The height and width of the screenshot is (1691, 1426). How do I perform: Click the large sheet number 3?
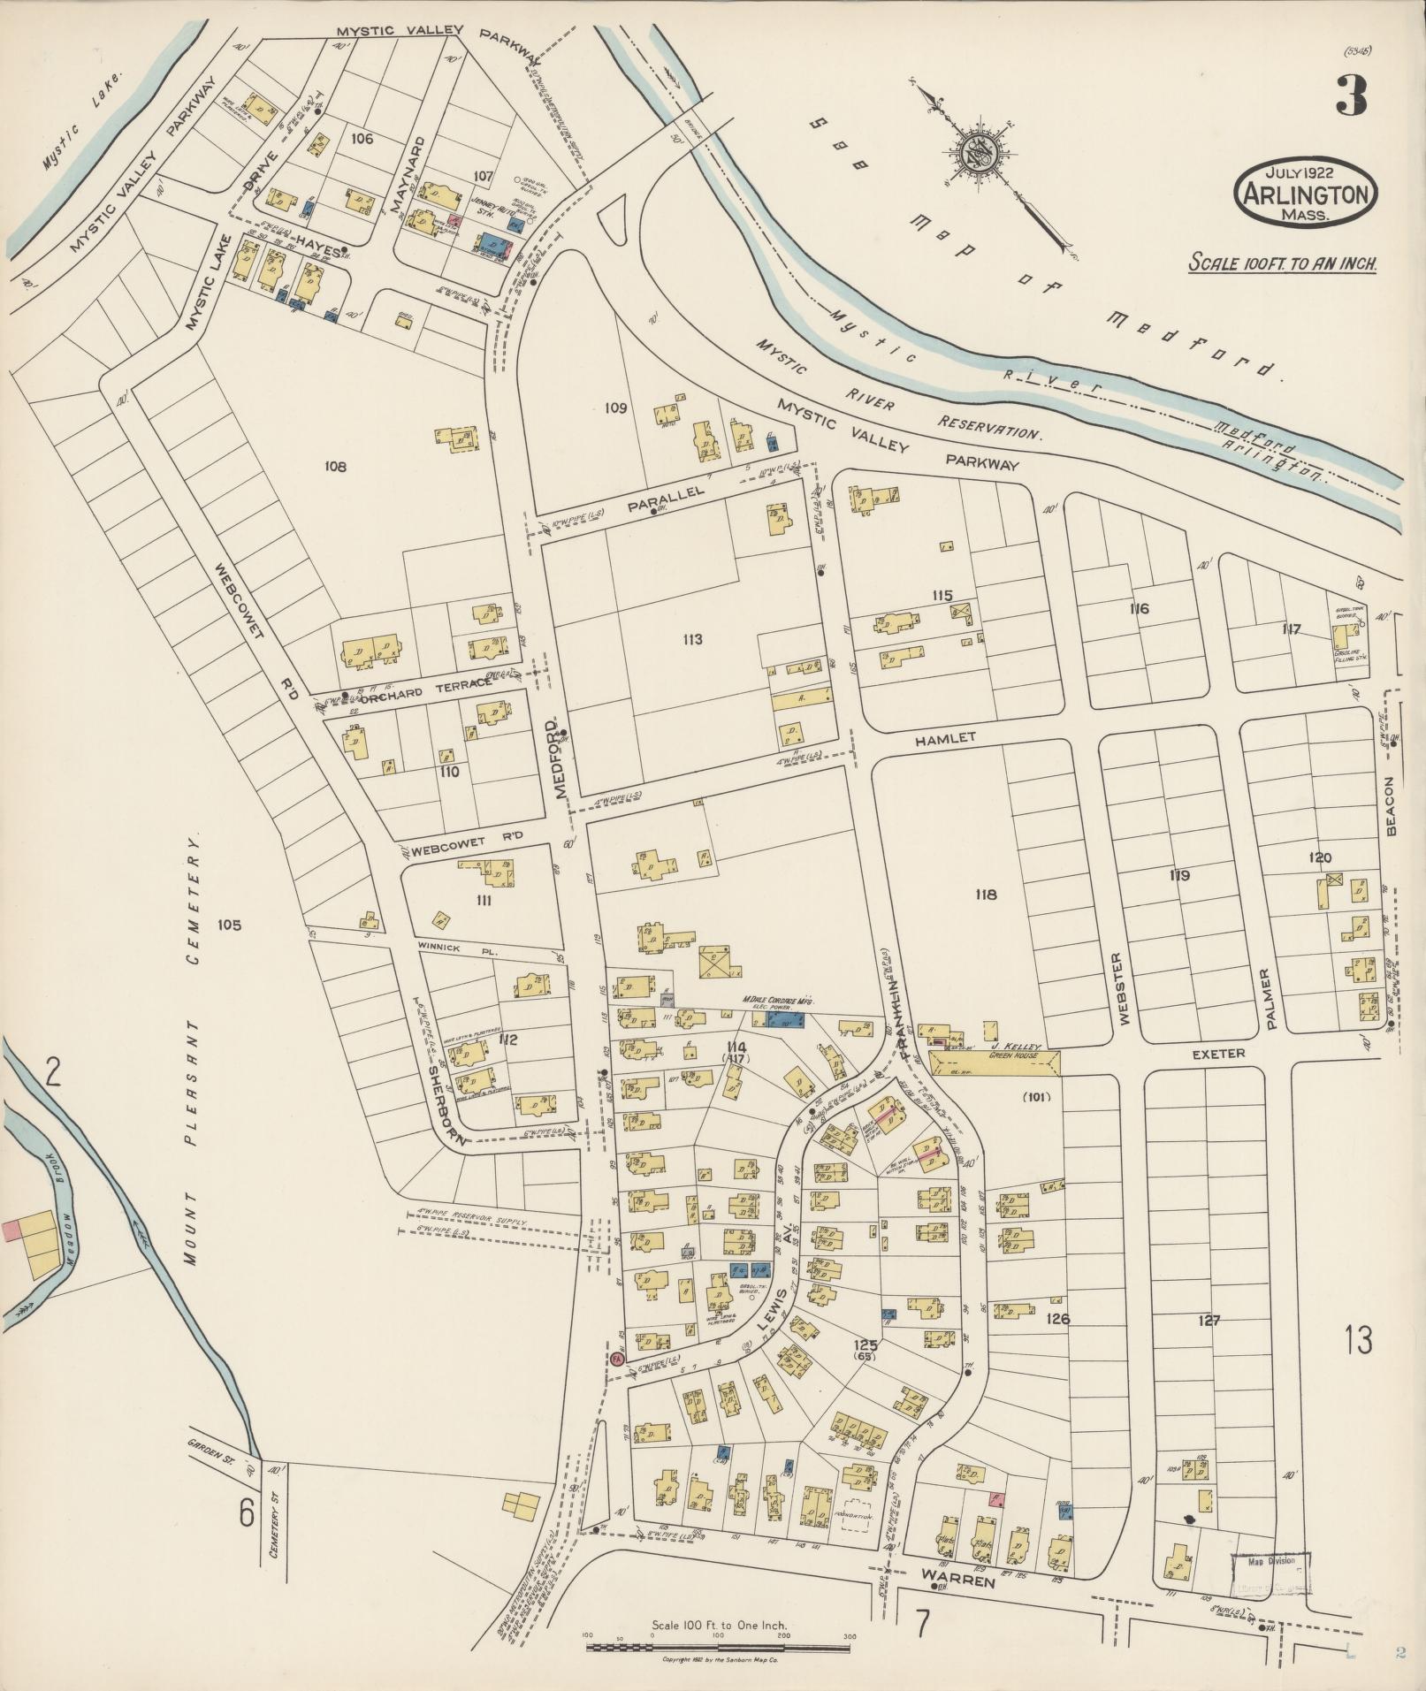click(1350, 95)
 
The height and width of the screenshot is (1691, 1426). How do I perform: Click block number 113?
click(692, 639)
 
